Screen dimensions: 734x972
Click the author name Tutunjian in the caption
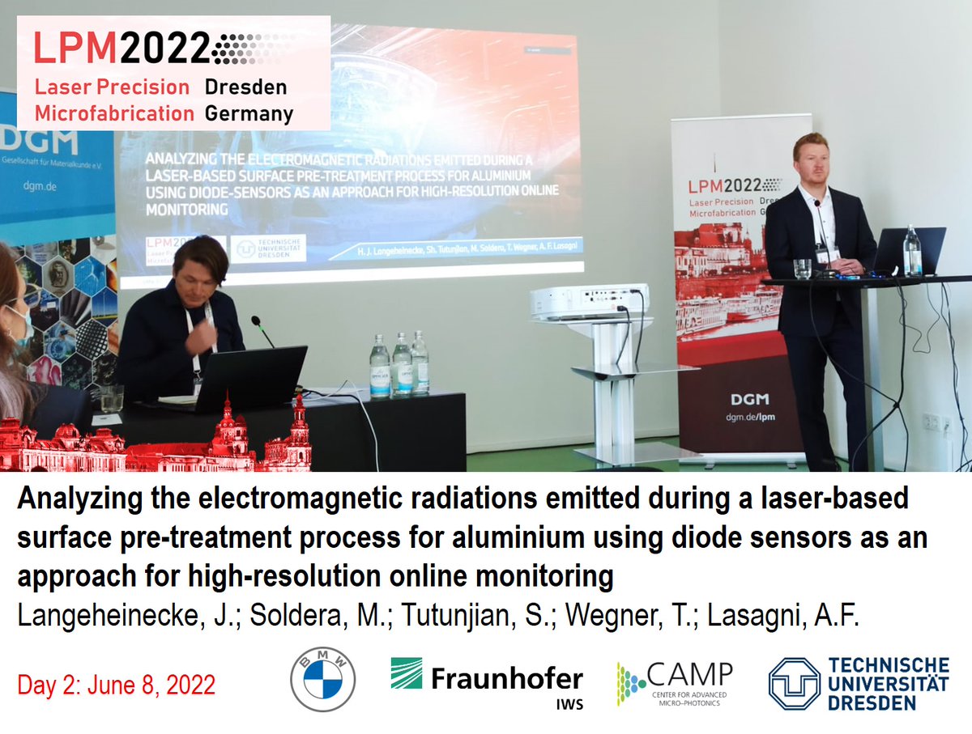[x=460, y=614]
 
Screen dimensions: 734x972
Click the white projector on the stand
[x=589, y=300]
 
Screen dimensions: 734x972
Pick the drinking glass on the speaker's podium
[x=802, y=269]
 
